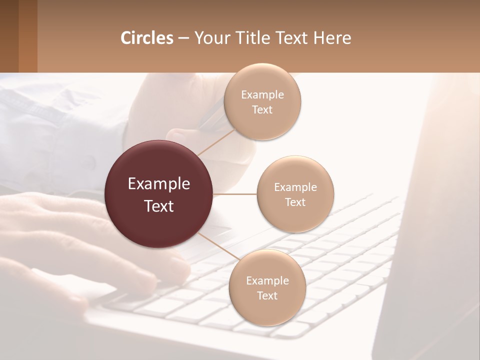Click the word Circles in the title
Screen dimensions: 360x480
(147, 38)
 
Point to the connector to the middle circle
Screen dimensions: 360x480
(234, 194)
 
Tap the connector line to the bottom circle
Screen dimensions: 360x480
(216, 244)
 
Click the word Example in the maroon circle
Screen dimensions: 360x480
(159, 184)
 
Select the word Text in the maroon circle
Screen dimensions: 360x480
(159, 206)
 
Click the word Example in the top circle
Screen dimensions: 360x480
(262, 94)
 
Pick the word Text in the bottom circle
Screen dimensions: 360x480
(267, 295)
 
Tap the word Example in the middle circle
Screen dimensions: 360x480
(295, 187)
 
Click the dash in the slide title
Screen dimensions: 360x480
(183, 38)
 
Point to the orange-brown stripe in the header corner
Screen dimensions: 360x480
(27, 36)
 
